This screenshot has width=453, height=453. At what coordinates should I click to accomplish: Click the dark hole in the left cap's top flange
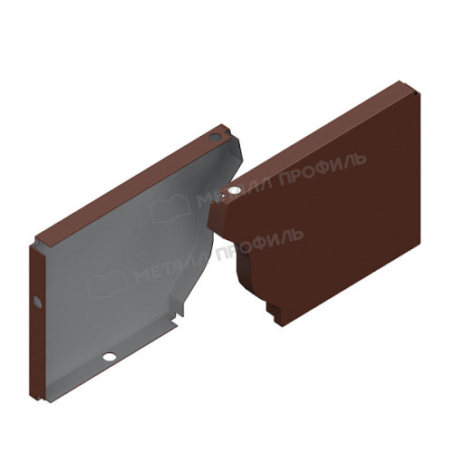pyautogui.click(x=215, y=138)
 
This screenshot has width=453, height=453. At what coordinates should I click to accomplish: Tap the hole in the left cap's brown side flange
pyautogui.click(x=37, y=302)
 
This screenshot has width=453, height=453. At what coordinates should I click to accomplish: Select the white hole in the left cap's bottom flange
pyautogui.click(x=110, y=357)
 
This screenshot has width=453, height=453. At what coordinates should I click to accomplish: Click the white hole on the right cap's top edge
pyautogui.click(x=234, y=190)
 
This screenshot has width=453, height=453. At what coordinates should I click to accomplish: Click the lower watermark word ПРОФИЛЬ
pyautogui.click(x=259, y=245)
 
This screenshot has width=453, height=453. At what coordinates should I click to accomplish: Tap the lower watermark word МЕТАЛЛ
pyautogui.click(x=173, y=267)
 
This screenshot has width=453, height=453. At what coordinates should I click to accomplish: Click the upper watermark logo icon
pyautogui.click(x=170, y=208)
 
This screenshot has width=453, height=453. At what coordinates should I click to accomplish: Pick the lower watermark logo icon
pyautogui.click(x=107, y=283)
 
